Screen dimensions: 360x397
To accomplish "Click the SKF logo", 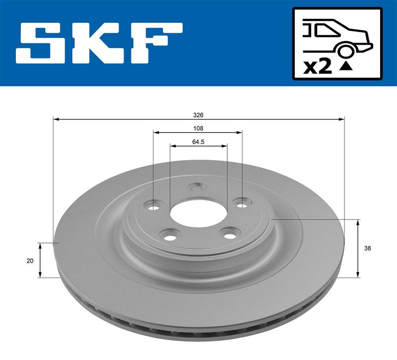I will (x=99, y=43).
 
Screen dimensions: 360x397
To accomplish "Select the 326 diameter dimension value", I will (x=198, y=115).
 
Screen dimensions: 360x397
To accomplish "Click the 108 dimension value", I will (x=198, y=128).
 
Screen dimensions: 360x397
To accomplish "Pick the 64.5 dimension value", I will (x=198, y=141).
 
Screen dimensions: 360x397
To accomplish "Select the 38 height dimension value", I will (x=366, y=248).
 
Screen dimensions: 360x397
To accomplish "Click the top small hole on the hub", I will (x=197, y=188).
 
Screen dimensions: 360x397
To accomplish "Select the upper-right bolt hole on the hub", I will (x=242, y=203).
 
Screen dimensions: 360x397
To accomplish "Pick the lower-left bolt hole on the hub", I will (x=170, y=234).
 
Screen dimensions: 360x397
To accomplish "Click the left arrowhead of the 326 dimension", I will (x=56, y=119).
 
